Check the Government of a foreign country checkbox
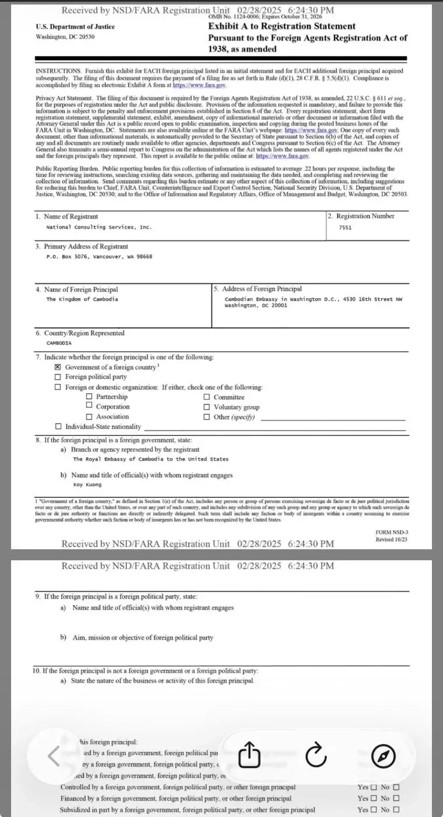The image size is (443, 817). tap(57, 367)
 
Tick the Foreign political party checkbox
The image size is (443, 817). tap(57, 377)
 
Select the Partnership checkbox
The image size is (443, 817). tap(89, 397)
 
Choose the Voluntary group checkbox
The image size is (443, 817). tap(207, 407)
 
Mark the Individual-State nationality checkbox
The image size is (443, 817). tap(57, 427)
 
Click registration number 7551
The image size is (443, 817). tap(345, 227)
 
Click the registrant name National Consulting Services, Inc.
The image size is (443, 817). tap(99, 227)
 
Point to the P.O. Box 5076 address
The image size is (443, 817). tap(99, 256)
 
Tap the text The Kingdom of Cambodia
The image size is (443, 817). tap(82, 299)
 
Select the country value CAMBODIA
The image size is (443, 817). tap(59, 343)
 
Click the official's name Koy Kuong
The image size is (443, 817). tap(87, 484)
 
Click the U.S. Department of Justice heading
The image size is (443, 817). tap(75, 27)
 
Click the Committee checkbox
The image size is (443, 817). tap(207, 397)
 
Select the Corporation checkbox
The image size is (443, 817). tap(89, 407)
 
